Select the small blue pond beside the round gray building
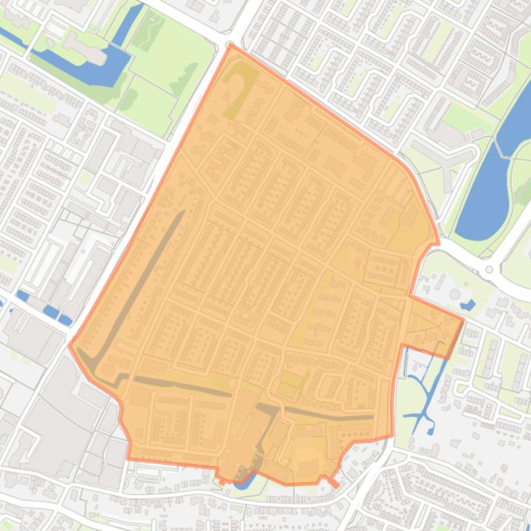point(467,304)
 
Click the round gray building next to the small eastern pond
point(455,294)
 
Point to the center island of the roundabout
point(490,270)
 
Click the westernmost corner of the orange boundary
point(69,344)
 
